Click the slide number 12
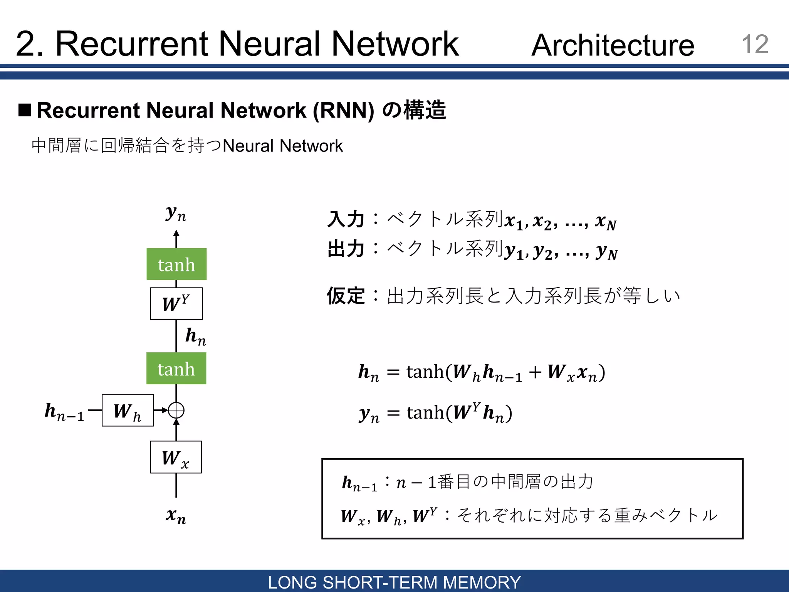click(755, 44)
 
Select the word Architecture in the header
click(613, 45)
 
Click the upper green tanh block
click(176, 264)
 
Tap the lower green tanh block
click(176, 368)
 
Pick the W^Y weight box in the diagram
click(176, 304)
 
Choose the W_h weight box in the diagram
click(128, 410)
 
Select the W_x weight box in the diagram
click(176, 457)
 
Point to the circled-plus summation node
click(176, 410)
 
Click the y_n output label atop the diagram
click(176, 213)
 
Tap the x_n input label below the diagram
click(176, 515)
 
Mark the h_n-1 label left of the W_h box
click(64, 411)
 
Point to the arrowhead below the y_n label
click(176, 233)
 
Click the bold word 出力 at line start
click(346, 249)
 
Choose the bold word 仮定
click(346, 296)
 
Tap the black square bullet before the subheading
click(25, 110)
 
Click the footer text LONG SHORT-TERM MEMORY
click(394, 582)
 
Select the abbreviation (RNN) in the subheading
click(343, 111)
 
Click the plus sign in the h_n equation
click(535, 372)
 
